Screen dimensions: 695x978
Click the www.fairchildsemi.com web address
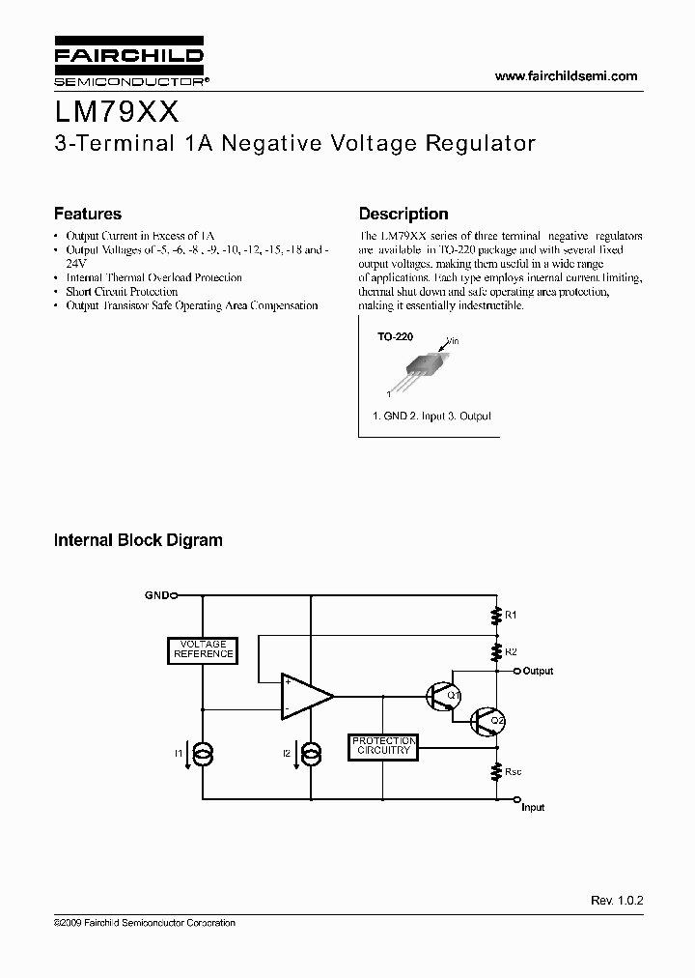click(567, 75)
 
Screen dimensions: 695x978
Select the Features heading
click(87, 214)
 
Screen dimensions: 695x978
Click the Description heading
click(403, 214)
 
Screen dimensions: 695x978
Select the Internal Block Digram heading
click(138, 540)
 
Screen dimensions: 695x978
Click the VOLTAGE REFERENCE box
click(203, 648)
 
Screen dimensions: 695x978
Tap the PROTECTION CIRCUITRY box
click(383, 746)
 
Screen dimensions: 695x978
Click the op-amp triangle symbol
click(304, 696)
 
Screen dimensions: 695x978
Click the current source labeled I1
click(203, 753)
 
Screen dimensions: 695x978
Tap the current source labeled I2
click(312, 753)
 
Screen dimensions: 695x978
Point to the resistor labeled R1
click(496, 615)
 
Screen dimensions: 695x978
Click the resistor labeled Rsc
click(496, 772)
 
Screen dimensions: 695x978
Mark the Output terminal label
click(538, 671)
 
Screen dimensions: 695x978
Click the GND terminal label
click(156, 595)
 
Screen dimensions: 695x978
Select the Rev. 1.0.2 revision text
click(616, 900)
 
